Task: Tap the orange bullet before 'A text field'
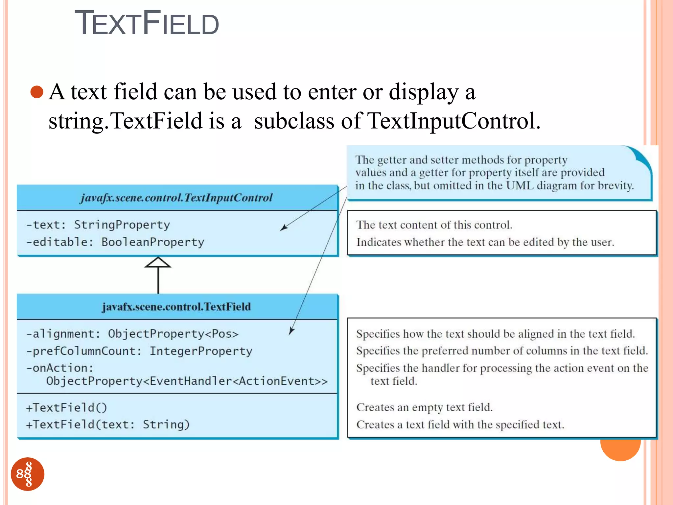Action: [x=37, y=92]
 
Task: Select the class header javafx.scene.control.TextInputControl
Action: [x=177, y=198]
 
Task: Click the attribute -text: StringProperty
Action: [x=98, y=225]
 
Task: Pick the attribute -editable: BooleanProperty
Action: [x=115, y=242]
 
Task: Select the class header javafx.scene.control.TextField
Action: [x=176, y=307]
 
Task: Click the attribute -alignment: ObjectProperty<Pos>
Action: [x=132, y=334]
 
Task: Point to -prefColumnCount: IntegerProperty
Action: [x=139, y=351]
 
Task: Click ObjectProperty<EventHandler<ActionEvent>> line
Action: [x=187, y=381]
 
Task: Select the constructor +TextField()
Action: [x=66, y=408]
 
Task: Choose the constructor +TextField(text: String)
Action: [x=108, y=425]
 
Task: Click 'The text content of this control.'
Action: [x=434, y=225]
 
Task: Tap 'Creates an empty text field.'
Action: [x=424, y=408]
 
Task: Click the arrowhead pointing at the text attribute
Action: [x=284, y=228]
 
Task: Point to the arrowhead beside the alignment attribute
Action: [x=291, y=331]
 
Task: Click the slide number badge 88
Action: [x=28, y=474]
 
